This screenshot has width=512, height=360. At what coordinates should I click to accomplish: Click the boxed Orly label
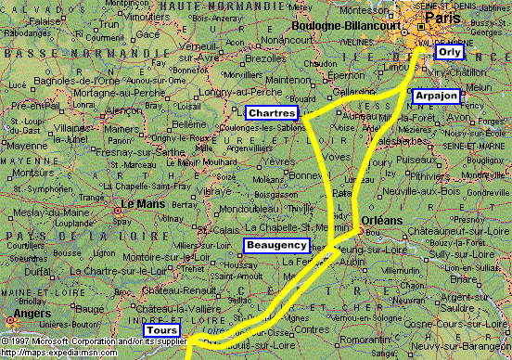click(x=450, y=53)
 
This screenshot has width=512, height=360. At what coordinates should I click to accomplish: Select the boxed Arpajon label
click(x=436, y=96)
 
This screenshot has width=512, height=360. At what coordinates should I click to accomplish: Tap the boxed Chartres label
click(x=271, y=112)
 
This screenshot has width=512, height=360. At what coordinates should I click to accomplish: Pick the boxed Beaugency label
click(x=276, y=245)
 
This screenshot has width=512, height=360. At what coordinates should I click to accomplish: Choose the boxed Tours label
click(x=160, y=330)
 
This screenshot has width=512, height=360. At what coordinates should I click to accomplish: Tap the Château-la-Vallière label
click(x=173, y=307)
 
